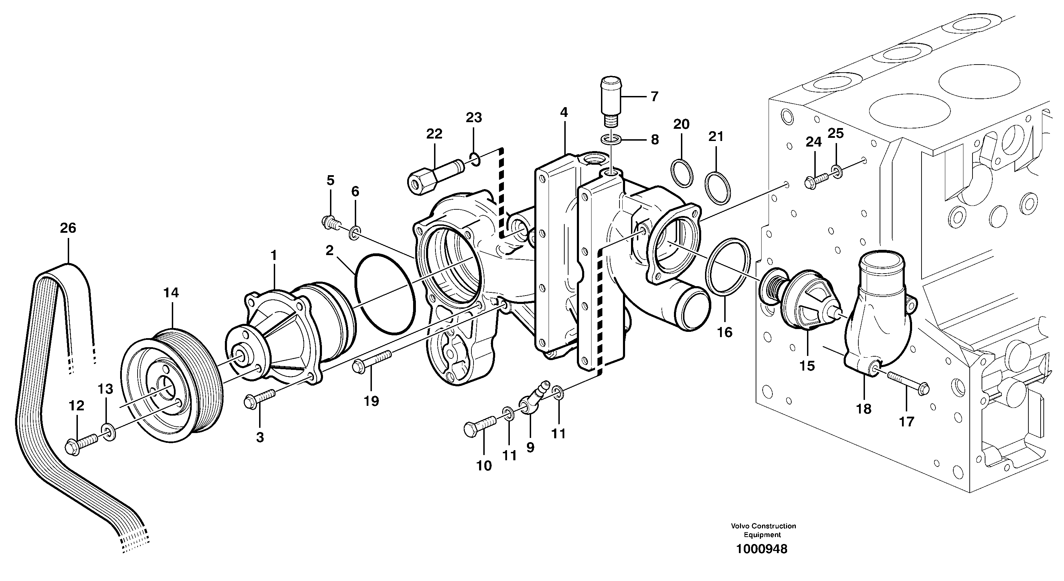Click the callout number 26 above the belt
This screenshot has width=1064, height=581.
68,228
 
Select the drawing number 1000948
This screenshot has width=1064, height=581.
762,549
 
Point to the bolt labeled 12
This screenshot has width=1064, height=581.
81,445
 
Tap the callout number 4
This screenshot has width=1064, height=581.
564,112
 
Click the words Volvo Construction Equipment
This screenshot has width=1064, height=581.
763,530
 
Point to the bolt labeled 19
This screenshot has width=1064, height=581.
372,360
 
